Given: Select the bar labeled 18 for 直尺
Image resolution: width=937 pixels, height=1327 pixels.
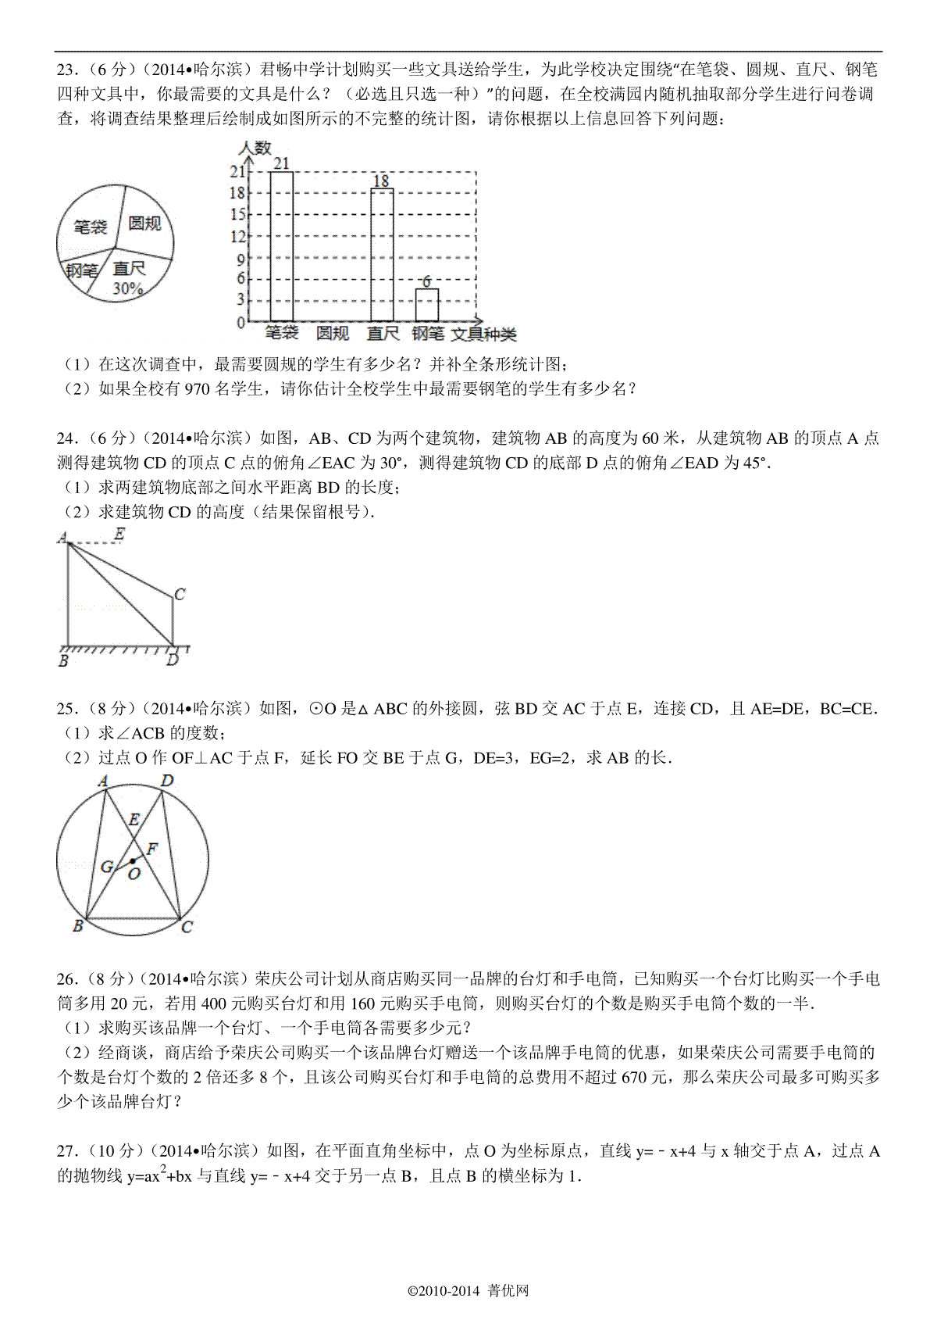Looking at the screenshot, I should coord(381,254).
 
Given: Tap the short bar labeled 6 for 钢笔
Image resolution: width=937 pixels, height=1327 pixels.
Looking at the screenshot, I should coord(426,304).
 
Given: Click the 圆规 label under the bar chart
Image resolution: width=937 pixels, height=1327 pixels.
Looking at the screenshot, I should coord(332,333).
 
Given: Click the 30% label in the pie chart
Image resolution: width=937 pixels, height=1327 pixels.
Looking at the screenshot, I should coord(127,288).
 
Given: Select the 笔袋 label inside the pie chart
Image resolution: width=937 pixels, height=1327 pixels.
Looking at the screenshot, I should coord(90,227).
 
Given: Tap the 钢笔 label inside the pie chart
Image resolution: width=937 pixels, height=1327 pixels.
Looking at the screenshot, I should coord(81,270).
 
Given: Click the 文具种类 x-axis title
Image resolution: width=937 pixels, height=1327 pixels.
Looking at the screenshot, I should coord(484,334).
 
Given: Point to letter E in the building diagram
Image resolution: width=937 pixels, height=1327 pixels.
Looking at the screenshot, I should coord(119,535).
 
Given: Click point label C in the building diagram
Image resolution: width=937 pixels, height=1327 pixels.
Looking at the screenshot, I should coord(180,595).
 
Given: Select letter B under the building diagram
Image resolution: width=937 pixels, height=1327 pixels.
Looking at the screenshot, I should coord(63,661).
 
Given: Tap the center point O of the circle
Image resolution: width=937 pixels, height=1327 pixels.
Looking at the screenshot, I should coord(133,861).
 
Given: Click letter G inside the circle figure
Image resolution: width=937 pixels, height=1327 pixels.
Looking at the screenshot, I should coord(107,866).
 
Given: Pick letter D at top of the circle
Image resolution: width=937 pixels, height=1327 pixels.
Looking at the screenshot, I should coord(166,781).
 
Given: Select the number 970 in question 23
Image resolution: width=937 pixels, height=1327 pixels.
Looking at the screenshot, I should coord(198,389).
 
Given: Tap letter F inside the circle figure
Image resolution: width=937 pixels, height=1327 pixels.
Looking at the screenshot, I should coord(152,848).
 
